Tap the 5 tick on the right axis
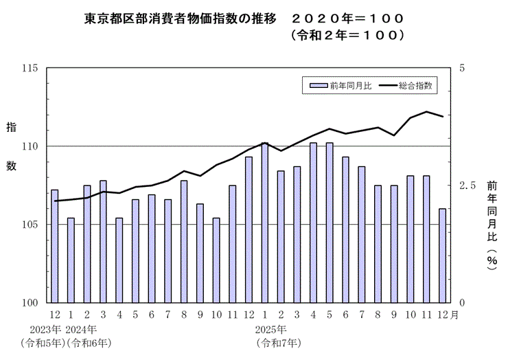pos(462,69)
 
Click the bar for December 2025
pos(443,255)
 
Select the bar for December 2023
pos(54,245)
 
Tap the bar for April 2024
pos(119,260)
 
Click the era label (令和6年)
pos(89,341)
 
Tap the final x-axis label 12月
pos(447,315)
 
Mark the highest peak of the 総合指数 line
pos(426,111)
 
